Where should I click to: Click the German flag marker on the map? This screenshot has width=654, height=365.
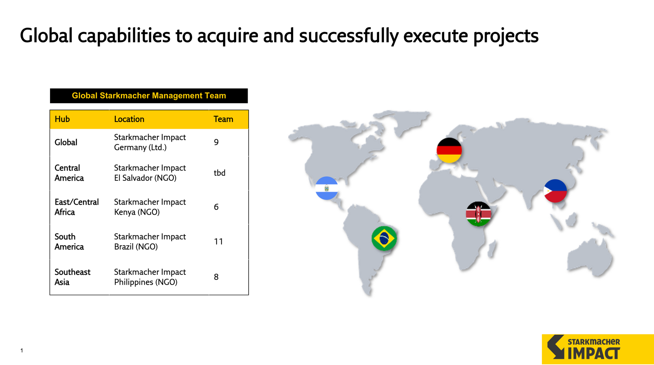click(449, 150)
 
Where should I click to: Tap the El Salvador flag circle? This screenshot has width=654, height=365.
click(327, 188)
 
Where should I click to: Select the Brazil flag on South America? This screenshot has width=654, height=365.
click(384, 238)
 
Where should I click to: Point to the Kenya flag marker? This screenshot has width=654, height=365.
click(478, 214)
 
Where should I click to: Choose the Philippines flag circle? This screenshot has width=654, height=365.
click(555, 191)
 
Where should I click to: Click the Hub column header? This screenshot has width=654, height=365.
click(62, 119)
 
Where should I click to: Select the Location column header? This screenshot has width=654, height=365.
click(129, 119)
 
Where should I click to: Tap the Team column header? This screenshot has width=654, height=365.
click(223, 119)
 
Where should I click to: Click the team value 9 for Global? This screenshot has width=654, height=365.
click(216, 142)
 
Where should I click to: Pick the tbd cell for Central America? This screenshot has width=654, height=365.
click(220, 173)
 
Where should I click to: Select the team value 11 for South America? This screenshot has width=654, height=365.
click(218, 242)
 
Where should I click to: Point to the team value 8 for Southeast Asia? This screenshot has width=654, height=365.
click(216, 277)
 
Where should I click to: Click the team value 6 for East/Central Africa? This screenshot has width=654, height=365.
click(216, 207)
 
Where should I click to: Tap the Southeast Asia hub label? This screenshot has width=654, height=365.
click(73, 277)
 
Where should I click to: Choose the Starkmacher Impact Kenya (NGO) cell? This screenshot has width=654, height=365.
click(150, 207)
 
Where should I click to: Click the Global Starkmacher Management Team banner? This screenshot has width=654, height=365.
click(149, 96)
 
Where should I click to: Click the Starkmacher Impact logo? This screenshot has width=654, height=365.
click(598, 349)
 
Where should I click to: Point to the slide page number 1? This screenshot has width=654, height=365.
click(22, 350)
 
